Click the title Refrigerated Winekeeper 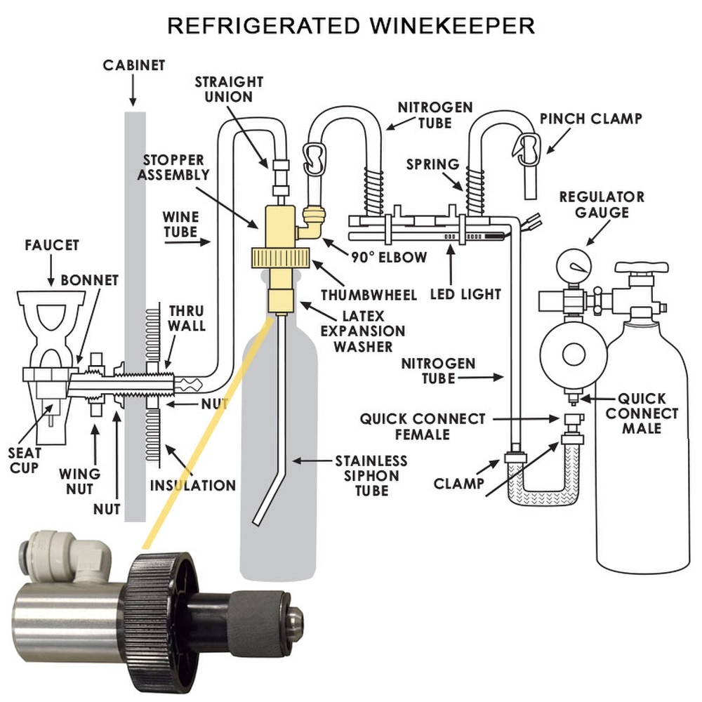[x=350, y=26]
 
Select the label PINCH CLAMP [x=590, y=119]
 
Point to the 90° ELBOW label [x=389, y=258]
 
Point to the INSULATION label [x=192, y=485]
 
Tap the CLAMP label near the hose [x=458, y=483]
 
